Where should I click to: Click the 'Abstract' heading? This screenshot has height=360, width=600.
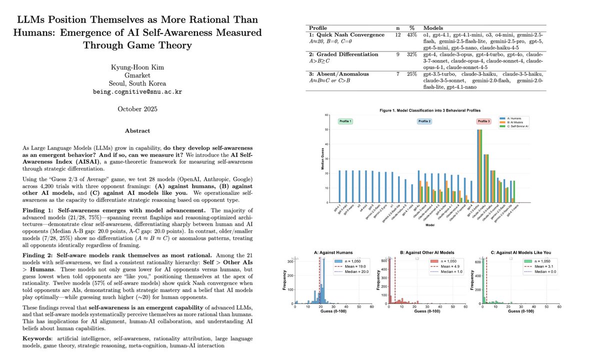click(137, 131)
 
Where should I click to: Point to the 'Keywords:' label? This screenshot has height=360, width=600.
click(40, 338)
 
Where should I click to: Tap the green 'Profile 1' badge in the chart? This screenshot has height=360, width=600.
click(346, 121)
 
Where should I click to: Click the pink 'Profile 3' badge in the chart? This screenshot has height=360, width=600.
click(483, 121)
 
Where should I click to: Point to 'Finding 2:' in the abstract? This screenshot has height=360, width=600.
click(41, 269)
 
